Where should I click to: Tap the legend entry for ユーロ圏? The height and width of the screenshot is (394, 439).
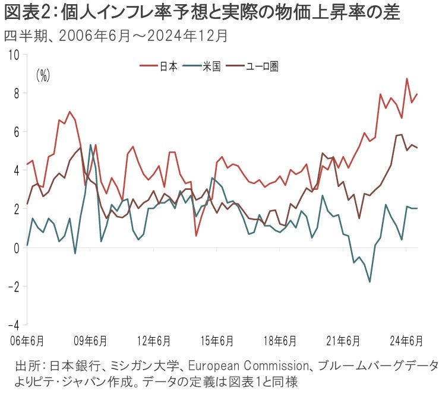[x=262, y=66]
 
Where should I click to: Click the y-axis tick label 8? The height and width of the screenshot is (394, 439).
[x=16, y=93]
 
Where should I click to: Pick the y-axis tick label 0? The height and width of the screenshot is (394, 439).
[x=16, y=248]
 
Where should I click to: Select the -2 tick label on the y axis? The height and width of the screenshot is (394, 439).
[x=13, y=287]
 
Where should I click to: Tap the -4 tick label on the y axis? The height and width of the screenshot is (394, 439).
[x=13, y=325]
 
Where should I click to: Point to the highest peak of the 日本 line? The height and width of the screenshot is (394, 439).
[x=406, y=78]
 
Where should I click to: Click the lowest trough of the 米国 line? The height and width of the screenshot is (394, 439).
[x=369, y=282]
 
